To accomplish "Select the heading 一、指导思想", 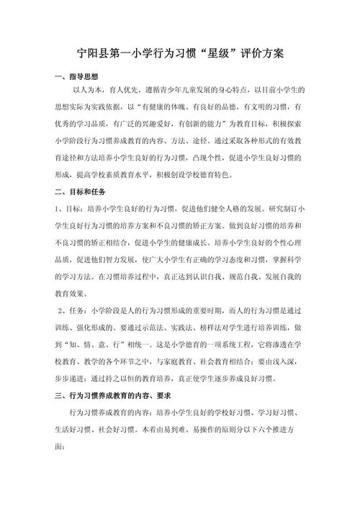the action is pos(80,76).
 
